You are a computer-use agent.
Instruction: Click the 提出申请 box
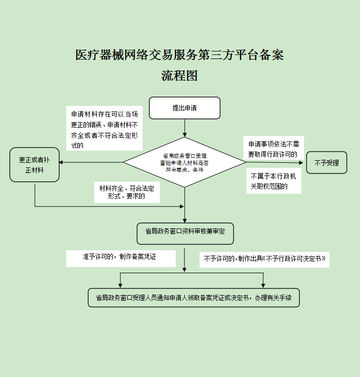pos(184,108)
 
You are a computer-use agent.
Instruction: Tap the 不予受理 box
pos(326,163)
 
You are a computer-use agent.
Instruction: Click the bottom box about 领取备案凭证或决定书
pos(193,298)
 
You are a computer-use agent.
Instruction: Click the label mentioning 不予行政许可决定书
pos(264,259)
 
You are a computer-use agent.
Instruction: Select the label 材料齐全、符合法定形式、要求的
pos(127,192)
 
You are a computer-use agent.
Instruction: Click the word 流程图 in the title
pos(179,76)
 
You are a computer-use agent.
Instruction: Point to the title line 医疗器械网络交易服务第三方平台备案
pos(179,55)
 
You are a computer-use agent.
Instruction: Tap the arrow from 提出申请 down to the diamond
pos(184,128)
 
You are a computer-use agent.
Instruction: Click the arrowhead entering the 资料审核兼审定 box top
pos(184,219)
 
